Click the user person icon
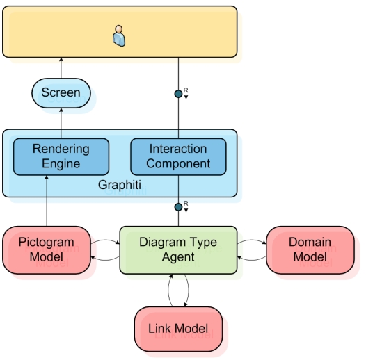tap(119, 36)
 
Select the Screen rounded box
tap(61, 93)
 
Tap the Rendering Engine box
tap(61, 156)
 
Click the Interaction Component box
tap(178, 156)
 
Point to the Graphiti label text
tap(120, 185)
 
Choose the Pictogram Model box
tap(47, 250)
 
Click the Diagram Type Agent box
tap(178, 250)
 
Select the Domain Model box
tap(310, 250)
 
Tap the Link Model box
tap(178, 329)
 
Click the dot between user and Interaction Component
tap(178, 94)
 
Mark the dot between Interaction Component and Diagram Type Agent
tap(178, 207)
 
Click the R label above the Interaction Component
tap(186, 90)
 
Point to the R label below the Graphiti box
tap(186, 204)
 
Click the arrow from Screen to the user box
tap(61, 68)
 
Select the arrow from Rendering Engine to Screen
tap(61, 123)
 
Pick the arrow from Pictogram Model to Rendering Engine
tap(47, 201)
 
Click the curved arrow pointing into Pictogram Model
tap(105, 259)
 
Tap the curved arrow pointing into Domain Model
tap(252, 240)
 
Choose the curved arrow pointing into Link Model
tap(189, 291)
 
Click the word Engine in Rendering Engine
tap(61, 164)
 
